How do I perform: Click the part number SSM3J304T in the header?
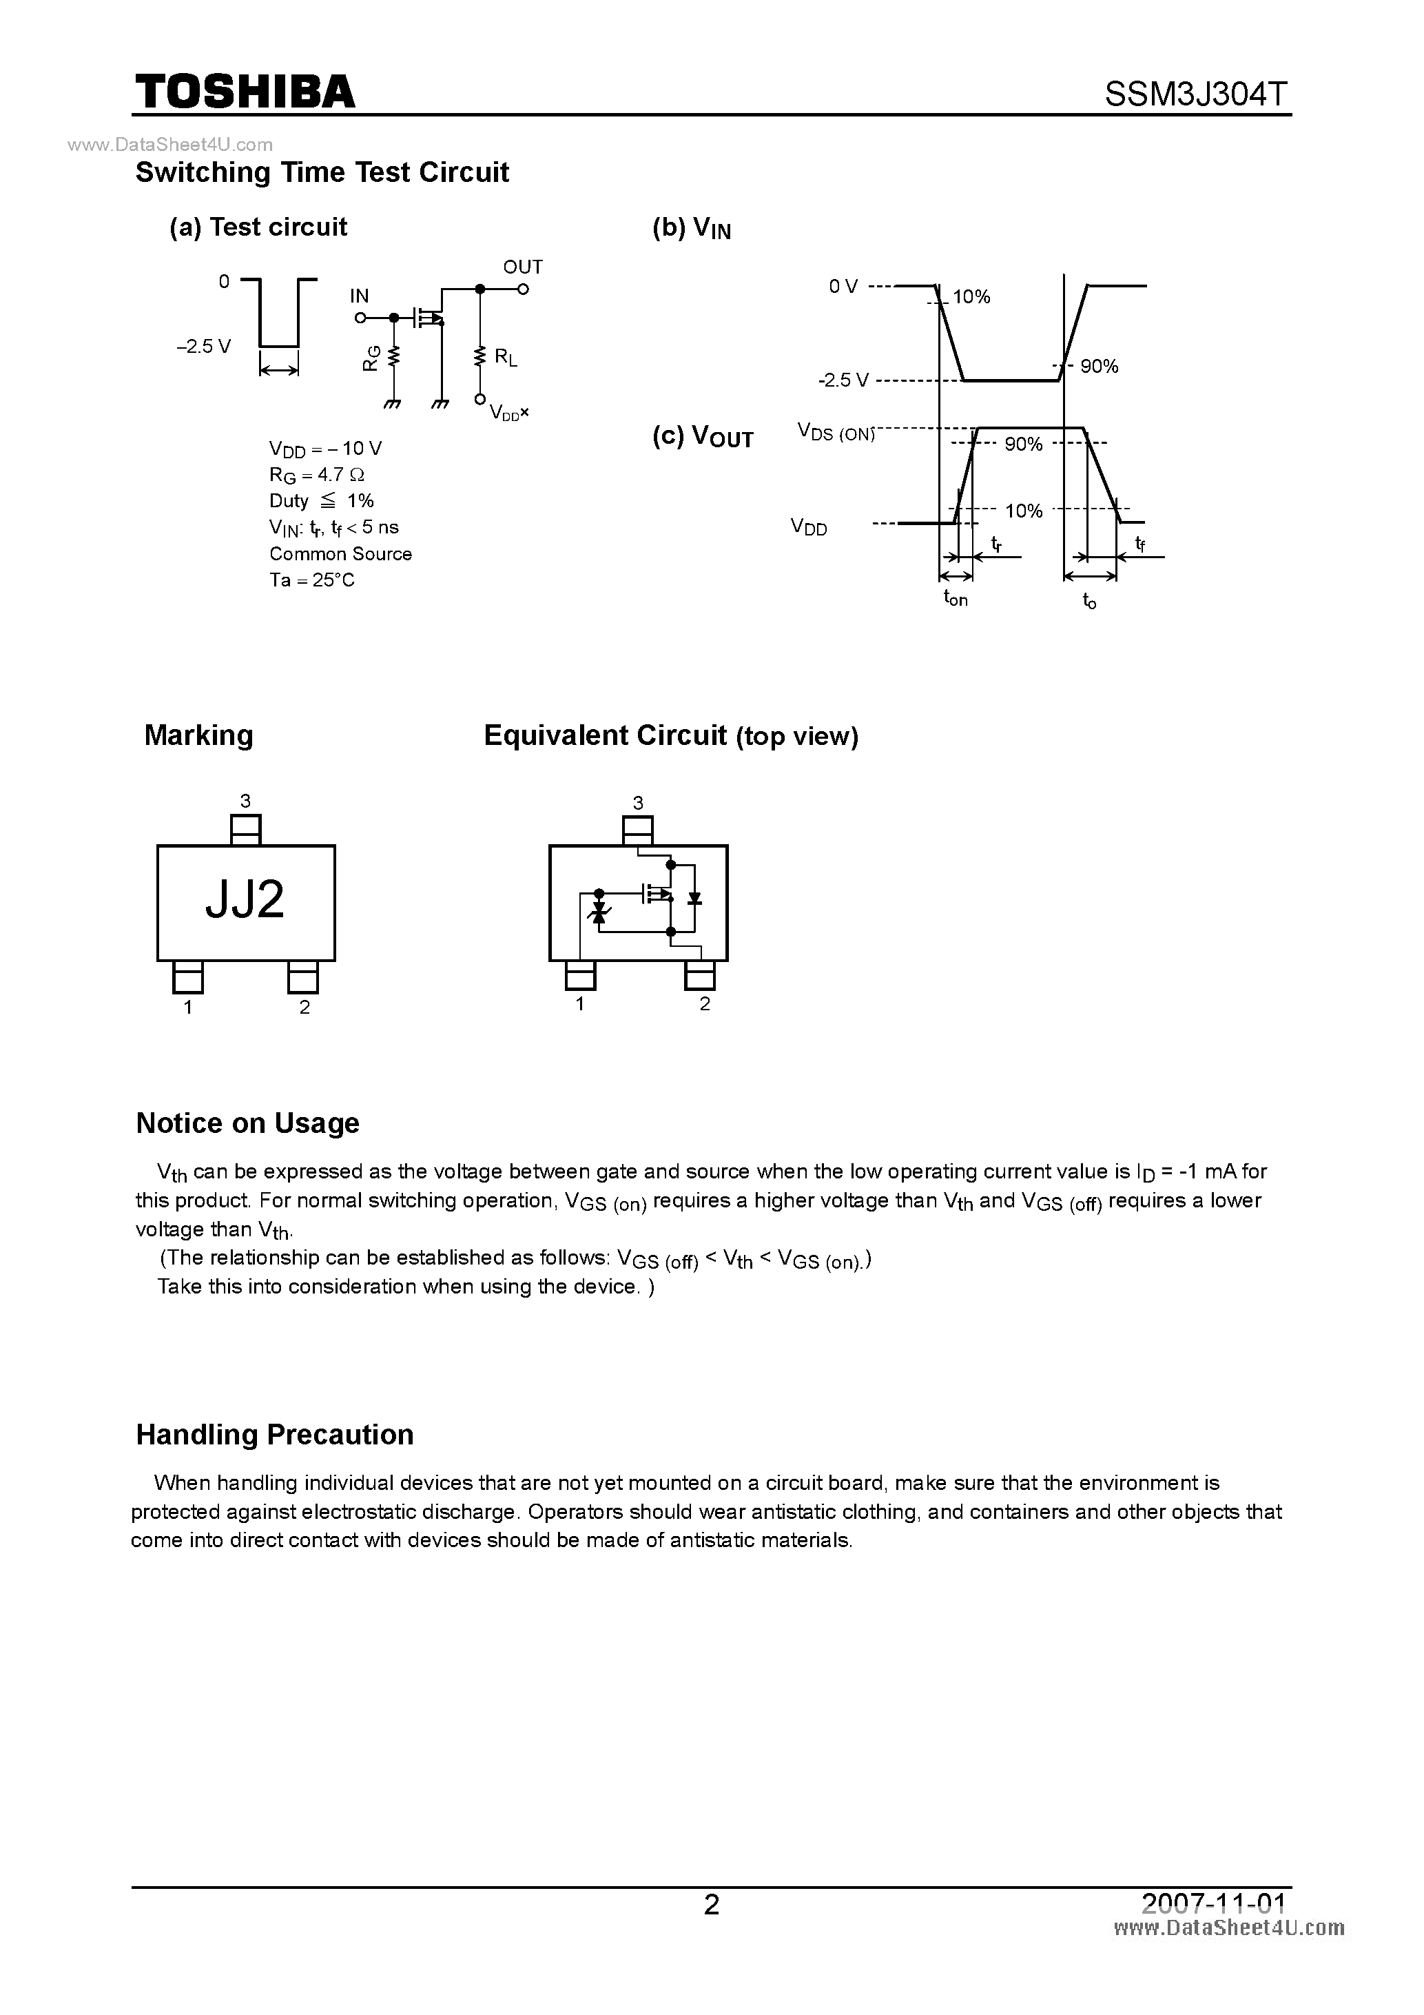[1197, 94]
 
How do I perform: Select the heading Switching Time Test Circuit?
[322, 172]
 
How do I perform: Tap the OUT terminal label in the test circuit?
[522, 267]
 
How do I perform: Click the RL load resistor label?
[506, 356]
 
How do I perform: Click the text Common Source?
[340, 554]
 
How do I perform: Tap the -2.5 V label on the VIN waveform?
[843, 380]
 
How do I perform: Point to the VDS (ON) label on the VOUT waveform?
[835, 432]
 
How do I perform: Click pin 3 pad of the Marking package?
[246, 829]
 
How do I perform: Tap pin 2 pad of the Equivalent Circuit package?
[700, 975]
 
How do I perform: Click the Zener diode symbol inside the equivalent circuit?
[600, 915]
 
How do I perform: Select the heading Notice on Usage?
[247, 1123]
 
